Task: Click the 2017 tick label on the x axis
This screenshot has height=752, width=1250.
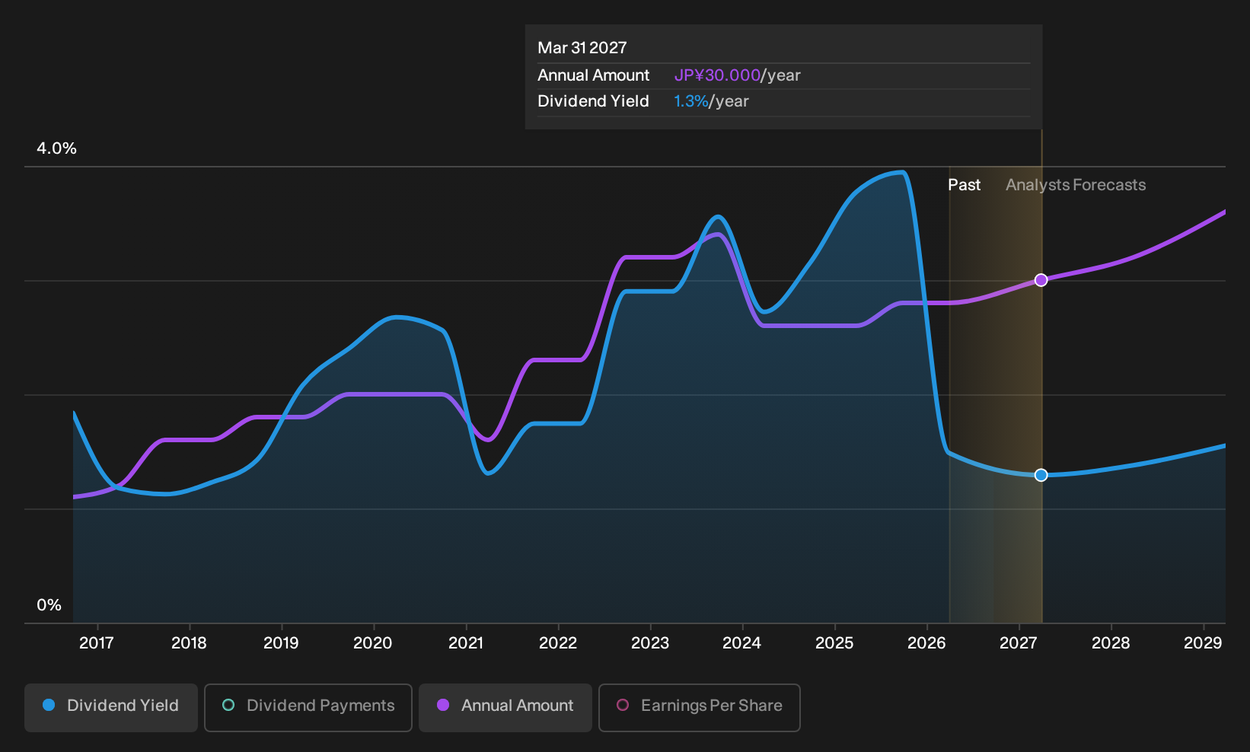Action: point(97,642)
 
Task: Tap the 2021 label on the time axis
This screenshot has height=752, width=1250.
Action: point(466,642)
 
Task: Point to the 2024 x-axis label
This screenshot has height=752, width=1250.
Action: point(741,642)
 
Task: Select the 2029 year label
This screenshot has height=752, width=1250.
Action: point(1203,642)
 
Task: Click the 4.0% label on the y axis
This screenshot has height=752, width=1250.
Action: point(56,148)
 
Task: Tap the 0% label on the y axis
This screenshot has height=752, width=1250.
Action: point(49,605)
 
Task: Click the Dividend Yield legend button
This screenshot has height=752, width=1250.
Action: point(111,707)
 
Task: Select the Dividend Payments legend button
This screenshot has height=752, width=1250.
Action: point(308,707)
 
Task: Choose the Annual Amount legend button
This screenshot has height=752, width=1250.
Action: point(505,707)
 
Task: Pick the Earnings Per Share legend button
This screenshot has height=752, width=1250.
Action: point(699,707)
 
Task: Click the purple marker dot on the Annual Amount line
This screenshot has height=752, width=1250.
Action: point(1041,280)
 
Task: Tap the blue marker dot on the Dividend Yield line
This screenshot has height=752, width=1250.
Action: point(1041,475)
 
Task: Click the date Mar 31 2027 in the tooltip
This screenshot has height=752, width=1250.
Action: point(582,48)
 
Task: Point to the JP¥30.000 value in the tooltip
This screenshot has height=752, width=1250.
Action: point(717,75)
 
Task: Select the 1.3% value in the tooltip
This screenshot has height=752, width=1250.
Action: point(690,101)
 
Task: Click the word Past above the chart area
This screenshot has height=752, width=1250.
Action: point(965,185)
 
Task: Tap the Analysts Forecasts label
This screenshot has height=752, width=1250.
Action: point(1076,185)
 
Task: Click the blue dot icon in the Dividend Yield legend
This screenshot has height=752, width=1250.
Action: point(49,705)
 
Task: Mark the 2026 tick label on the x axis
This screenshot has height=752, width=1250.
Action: point(926,642)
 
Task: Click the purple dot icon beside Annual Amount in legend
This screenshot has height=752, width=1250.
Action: point(443,705)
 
